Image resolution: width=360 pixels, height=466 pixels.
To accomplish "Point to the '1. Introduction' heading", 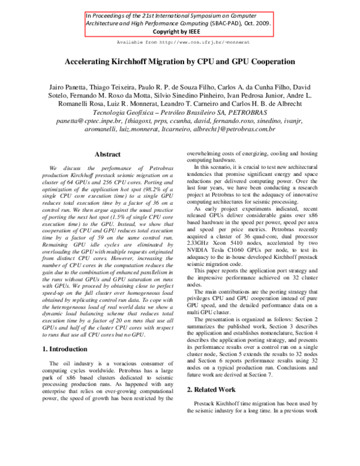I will coord(69,349).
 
